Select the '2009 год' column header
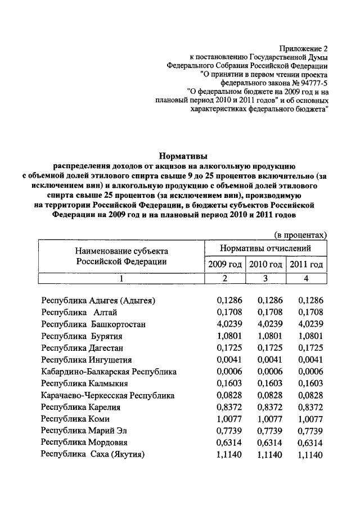tap(224, 264)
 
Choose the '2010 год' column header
tap(265, 264)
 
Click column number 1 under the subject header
tap(121, 278)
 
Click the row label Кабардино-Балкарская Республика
tap(109, 372)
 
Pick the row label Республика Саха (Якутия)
tap(93, 455)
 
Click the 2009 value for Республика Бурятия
tap(228, 336)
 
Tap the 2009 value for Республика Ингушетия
tap(228, 360)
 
